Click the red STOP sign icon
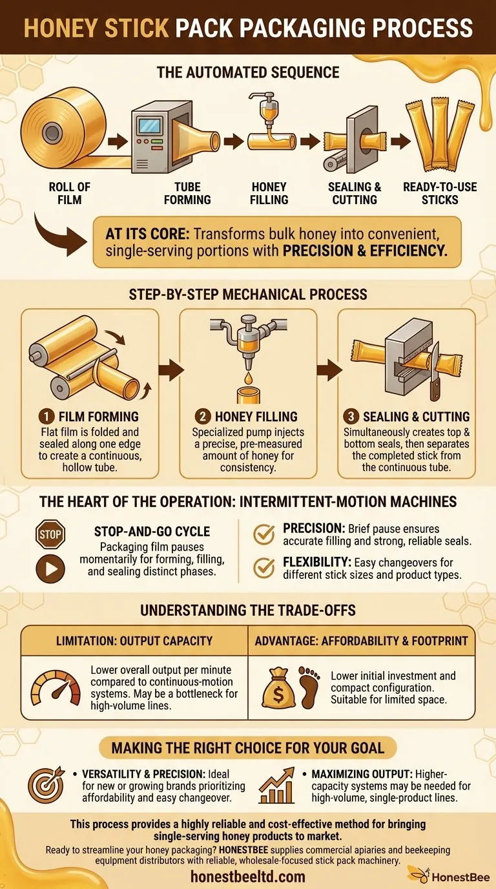pyautogui.click(x=51, y=535)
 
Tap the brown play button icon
pyautogui.click(x=51, y=568)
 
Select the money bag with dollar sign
pyautogui.click(x=278, y=689)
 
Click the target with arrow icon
pyautogui.click(x=45, y=784)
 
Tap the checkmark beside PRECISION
pyautogui.click(x=263, y=534)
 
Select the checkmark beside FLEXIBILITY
pyautogui.click(x=263, y=567)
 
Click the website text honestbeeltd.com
pyautogui.click(x=247, y=876)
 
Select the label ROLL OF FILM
pyautogui.click(x=70, y=193)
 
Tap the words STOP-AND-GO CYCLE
pyautogui.click(x=152, y=532)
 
